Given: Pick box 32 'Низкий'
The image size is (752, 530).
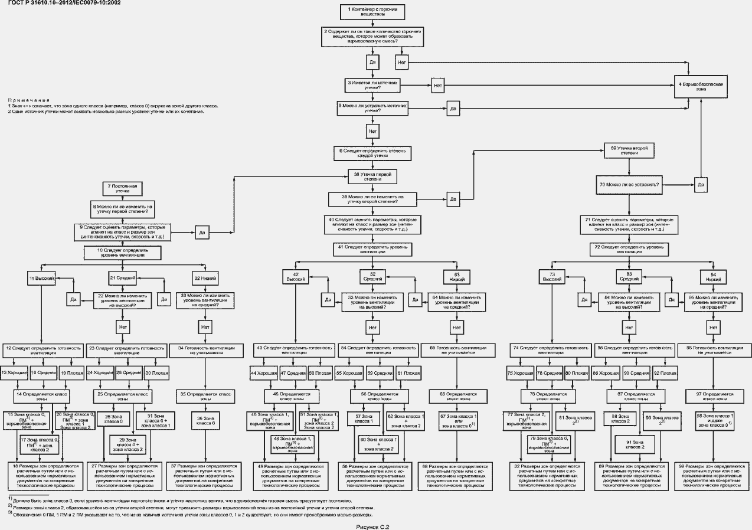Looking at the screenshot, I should point(205,277).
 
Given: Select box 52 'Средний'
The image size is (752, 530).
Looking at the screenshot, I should point(372,277).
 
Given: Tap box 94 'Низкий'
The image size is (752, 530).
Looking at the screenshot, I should point(713,277).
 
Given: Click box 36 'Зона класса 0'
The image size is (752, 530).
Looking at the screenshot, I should point(205,420).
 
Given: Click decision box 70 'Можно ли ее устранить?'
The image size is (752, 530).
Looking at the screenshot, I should point(629,185).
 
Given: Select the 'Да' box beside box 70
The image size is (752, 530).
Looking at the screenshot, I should point(701,185).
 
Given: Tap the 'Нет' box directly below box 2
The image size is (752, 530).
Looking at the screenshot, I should point(403,62).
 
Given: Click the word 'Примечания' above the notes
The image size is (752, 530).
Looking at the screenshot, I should point(28,100).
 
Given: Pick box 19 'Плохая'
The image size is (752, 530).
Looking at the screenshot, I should point(72,373).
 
